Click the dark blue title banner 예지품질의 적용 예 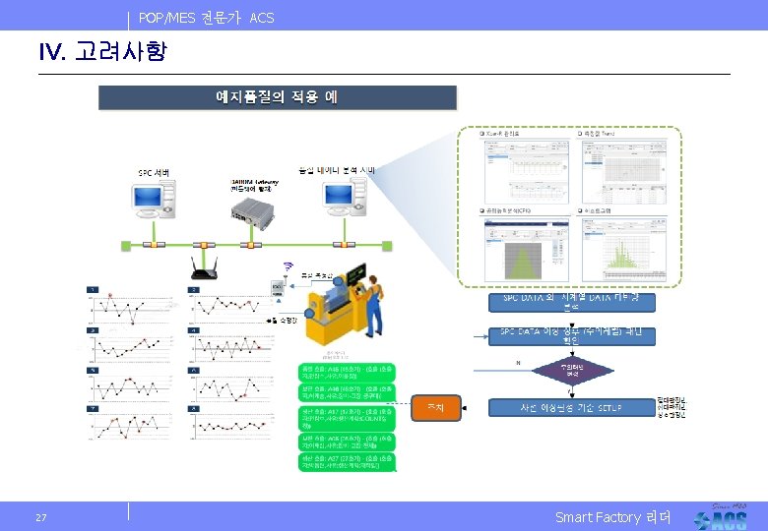[x=277, y=97]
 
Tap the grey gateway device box [x=252, y=207]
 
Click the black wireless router [x=203, y=269]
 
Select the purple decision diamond [x=572, y=372]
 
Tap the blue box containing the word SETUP [x=571, y=407]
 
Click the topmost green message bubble [x=347, y=372]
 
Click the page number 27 [x=40, y=517]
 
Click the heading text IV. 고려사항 [x=102, y=52]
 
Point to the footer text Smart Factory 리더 [x=612, y=517]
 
